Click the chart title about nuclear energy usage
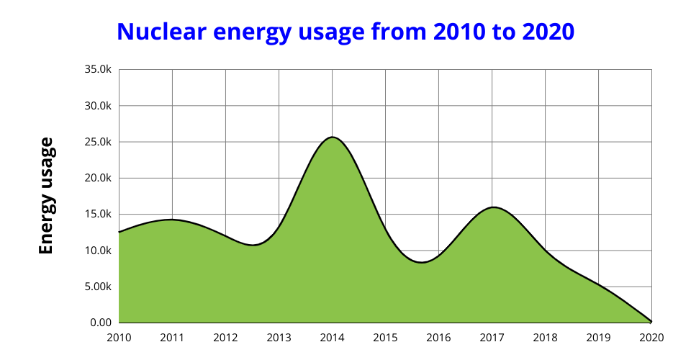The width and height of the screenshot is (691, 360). point(345,32)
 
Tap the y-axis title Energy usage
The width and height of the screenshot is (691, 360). point(46,196)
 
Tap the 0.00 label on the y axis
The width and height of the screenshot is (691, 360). point(100,323)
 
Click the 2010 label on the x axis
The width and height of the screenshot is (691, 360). point(119,336)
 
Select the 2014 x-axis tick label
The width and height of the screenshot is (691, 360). point(332,336)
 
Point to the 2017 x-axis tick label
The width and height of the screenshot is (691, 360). point(492,336)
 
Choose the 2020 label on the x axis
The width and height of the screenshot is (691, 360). point(651,336)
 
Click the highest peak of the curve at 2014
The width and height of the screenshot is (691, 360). point(333,137)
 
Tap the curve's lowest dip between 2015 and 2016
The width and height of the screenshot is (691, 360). point(422,262)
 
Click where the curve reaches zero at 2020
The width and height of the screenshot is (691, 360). point(651,322)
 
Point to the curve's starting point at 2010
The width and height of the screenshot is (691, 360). point(119,232)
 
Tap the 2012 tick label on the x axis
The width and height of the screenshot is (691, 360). point(225,336)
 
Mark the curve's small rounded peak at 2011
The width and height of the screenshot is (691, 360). point(172,220)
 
